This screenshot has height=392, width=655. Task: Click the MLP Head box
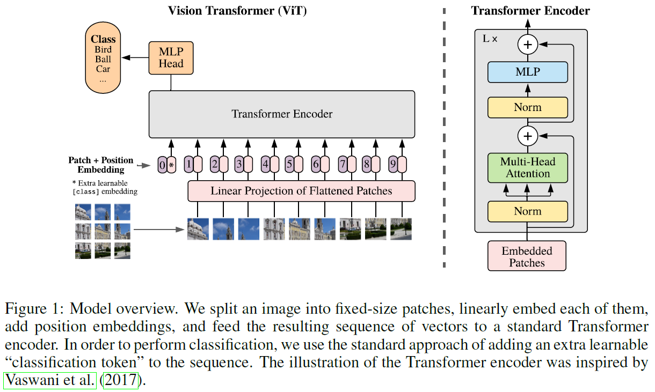(171, 58)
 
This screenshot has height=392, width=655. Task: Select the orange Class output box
(103, 60)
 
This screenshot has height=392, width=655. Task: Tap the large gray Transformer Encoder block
(281, 114)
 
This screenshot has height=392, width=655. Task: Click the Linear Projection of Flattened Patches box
(301, 191)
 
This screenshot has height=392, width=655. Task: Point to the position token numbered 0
(162, 165)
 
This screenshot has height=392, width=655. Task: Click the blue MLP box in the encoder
(527, 72)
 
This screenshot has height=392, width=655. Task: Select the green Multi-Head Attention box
(527, 168)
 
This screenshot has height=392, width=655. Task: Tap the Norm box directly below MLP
(527, 107)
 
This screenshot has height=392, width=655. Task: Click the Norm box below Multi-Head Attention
(527, 211)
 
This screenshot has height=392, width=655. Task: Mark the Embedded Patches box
(527, 256)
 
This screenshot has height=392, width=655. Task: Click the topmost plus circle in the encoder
(527, 44)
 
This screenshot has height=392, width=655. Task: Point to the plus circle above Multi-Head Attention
(527, 136)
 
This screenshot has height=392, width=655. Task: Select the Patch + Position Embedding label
(101, 165)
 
